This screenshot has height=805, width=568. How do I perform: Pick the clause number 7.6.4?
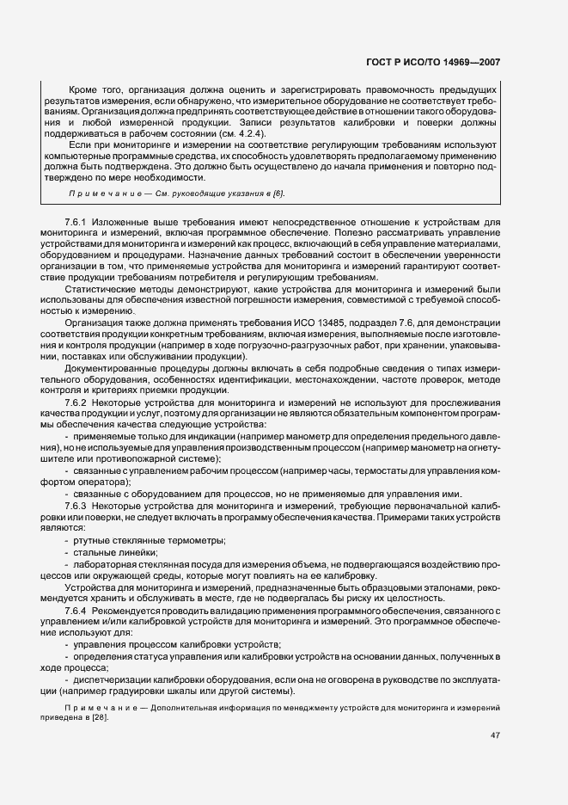pyautogui.click(x=77, y=609)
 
